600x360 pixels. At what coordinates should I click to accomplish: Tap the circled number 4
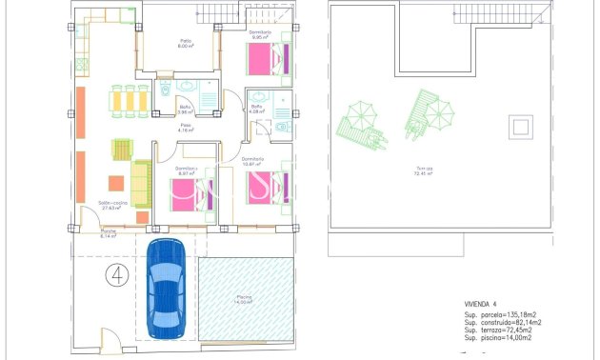(x=117, y=276)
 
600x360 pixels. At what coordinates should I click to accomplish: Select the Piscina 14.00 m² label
(x=244, y=299)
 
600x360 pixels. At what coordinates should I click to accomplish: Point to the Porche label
(x=110, y=233)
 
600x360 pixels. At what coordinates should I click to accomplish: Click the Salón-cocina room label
(x=113, y=205)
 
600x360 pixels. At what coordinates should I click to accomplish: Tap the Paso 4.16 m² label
(x=187, y=128)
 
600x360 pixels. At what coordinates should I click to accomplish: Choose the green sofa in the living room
(x=141, y=184)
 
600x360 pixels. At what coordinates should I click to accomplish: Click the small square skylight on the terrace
(x=521, y=127)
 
